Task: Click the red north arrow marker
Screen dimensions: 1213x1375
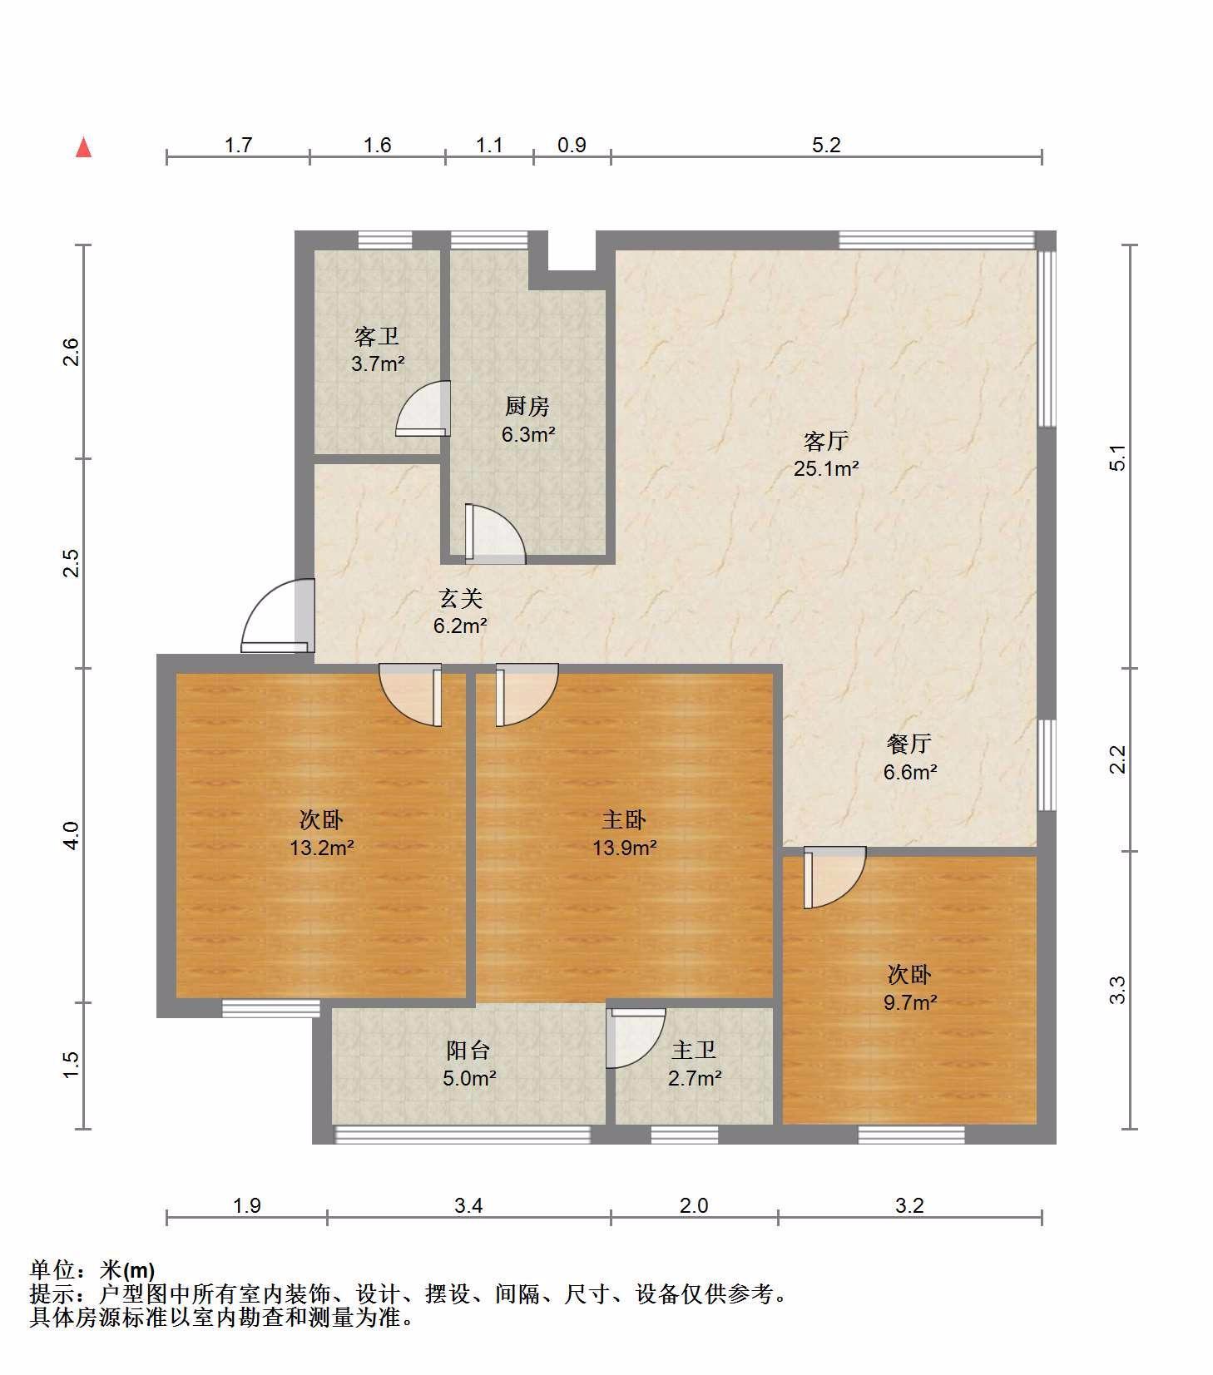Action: coord(83,147)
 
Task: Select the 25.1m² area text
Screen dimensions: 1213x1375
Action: coord(825,468)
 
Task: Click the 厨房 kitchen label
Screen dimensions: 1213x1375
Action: coord(527,406)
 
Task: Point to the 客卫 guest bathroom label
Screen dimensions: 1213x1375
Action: coord(377,336)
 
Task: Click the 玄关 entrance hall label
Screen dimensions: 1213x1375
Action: coord(460,598)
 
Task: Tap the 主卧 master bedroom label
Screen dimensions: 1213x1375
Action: coord(624,819)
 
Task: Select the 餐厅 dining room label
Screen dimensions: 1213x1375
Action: coord(909,743)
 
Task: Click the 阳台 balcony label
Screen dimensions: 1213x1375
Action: coord(469,1050)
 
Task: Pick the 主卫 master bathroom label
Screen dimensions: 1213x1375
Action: coord(694,1050)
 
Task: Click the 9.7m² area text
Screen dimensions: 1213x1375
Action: coord(910,1002)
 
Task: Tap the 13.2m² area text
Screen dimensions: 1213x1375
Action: coord(321,848)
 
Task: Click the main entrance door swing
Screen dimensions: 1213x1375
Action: coord(278,616)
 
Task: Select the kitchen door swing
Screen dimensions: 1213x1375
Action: coord(495,533)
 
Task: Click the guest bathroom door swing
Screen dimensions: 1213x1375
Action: coord(423,408)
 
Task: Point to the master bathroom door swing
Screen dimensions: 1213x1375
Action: coord(636,1037)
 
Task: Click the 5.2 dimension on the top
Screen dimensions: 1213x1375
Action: coord(826,146)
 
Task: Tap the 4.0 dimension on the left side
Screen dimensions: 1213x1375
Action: coord(72,835)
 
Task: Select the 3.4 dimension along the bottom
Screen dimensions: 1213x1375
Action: coord(468,1205)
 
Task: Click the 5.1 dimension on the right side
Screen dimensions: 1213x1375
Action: coord(1118,458)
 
